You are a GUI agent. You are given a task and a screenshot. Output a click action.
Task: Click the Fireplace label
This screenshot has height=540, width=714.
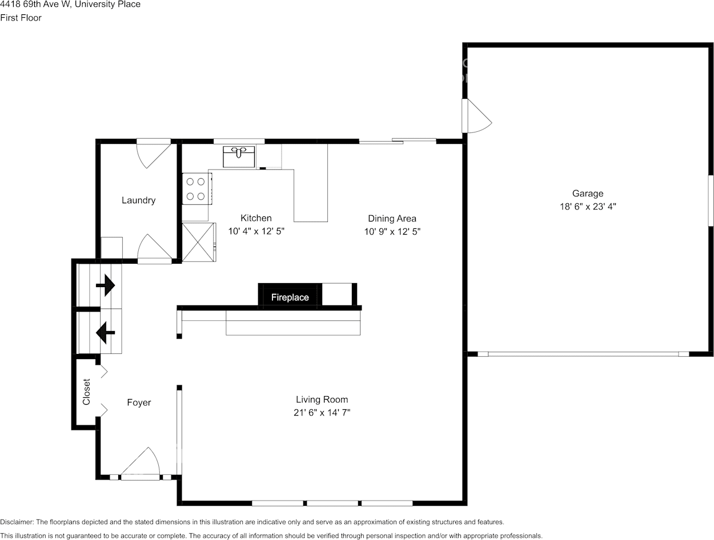pyautogui.click(x=290, y=297)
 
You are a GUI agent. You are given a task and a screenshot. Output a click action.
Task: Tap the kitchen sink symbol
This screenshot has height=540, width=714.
pyautogui.click(x=239, y=156)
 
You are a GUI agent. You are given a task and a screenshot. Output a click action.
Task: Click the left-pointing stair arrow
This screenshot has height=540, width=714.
pyautogui.click(x=105, y=332)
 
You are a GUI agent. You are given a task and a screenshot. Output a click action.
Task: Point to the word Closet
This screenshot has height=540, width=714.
pyautogui.click(x=87, y=392)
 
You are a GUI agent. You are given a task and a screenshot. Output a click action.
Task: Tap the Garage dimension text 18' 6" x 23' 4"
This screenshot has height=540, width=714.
pyautogui.click(x=588, y=207)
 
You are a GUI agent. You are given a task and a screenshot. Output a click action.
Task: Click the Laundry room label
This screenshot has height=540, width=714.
pyautogui.click(x=138, y=200)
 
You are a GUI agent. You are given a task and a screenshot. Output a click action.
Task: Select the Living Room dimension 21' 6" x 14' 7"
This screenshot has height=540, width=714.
pyautogui.click(x=322, y=412)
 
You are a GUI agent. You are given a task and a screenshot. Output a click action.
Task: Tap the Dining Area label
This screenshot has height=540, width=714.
pyautogui.click(x=392, y=219)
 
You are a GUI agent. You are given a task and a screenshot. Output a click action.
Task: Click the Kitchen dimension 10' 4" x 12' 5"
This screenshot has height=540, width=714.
pyautogui.click(x=256, y=231)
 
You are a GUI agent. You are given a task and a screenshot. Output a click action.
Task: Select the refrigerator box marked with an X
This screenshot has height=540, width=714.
pyautogui.click(x=198, y=243)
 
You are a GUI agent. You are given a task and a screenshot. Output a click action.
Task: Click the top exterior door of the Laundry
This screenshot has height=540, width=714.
pyautogui.click(x=153, y=152)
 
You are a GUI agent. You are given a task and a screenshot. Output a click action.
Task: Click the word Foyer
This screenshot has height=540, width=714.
pyautogui.click(x=139, y=403)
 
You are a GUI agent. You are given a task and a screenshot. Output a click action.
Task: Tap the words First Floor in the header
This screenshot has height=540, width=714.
pyautogui.click(x=21, y=18)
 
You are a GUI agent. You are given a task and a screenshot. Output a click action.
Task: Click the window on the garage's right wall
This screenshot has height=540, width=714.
pyautogui.click(x=711, y=200)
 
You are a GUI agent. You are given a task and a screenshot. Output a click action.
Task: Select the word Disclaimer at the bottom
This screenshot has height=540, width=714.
pyautogui.click(x=17, y=522)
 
